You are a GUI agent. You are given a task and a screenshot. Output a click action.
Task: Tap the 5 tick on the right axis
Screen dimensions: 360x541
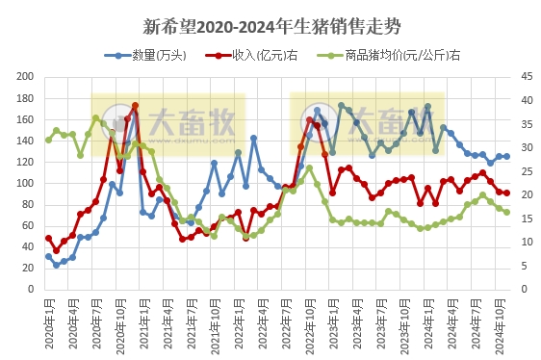(525, 266)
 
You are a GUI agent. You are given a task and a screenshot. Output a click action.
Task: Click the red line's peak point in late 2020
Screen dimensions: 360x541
(135, 106)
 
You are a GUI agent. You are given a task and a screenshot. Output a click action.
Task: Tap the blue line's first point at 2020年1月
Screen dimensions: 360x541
(48, 256)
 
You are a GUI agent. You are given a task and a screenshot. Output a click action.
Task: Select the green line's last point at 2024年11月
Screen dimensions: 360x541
(506, 212)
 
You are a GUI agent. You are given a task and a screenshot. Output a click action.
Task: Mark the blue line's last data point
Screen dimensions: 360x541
(506, 156)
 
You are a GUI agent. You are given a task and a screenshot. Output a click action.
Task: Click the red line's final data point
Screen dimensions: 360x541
(506, 193)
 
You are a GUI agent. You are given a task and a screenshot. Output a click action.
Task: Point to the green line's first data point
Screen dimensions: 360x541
(48, 140)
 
